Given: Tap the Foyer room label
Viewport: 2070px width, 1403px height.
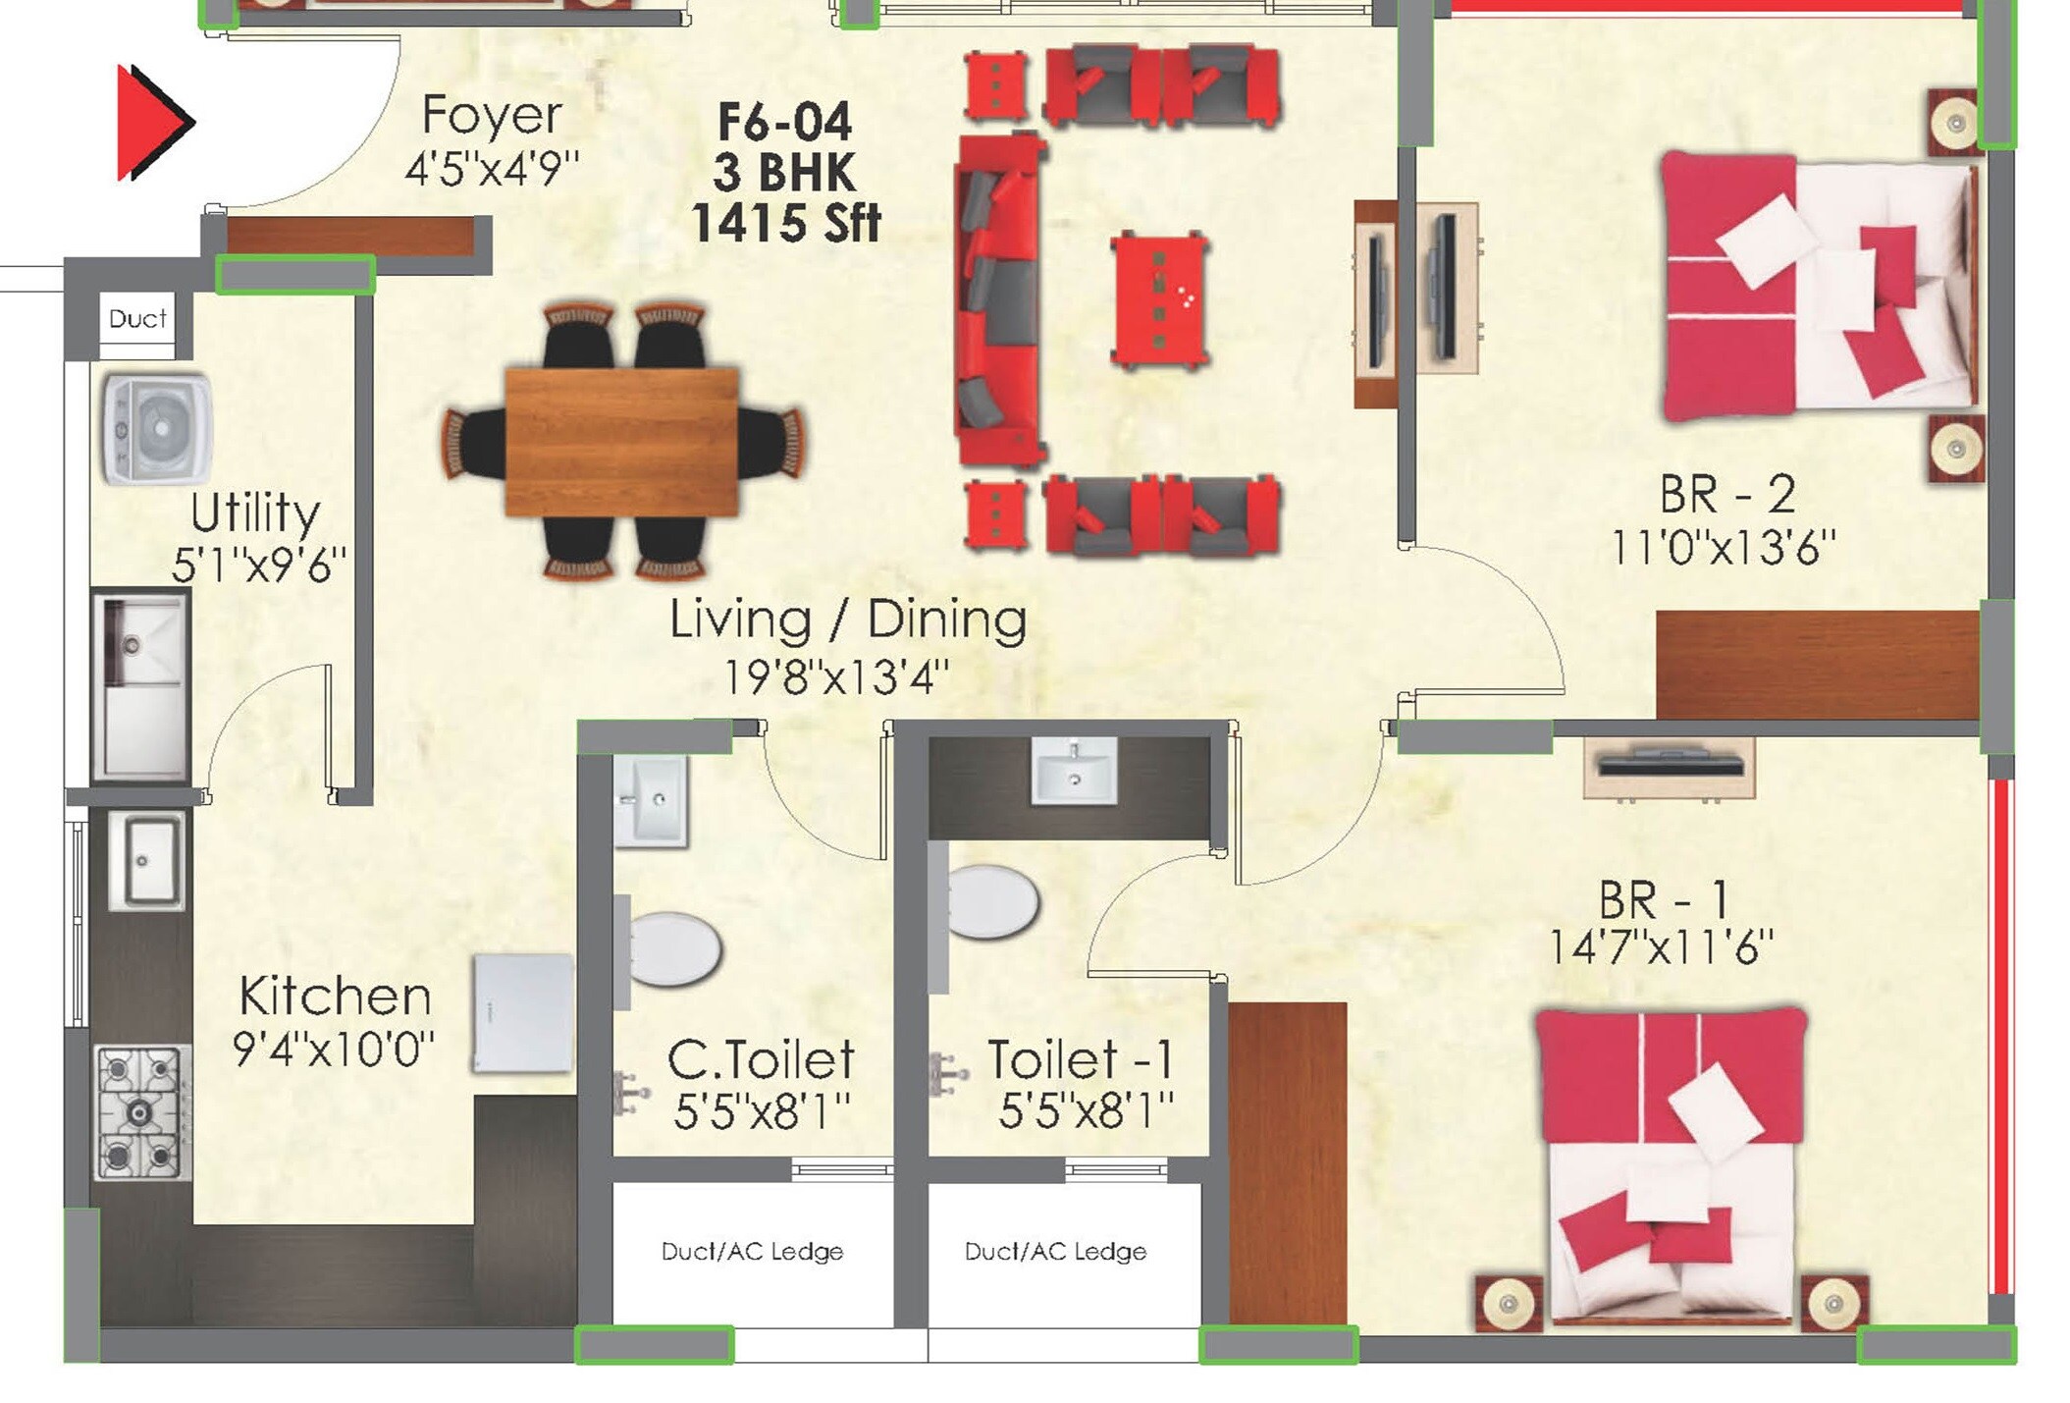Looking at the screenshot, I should (492, 115).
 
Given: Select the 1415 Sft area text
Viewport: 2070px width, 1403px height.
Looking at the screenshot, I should (785, 223).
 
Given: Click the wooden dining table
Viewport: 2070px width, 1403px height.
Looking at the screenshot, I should (621, 441).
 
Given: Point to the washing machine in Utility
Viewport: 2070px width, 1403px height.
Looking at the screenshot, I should (157, 429).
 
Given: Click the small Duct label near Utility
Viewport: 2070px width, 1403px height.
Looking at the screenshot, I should (137, 319).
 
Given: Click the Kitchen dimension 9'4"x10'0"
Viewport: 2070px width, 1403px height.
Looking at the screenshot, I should (333, 1049).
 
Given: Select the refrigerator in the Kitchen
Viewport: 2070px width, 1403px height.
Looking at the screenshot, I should (522, 1013).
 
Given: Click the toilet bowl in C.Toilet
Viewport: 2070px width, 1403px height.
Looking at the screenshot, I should (673, 948).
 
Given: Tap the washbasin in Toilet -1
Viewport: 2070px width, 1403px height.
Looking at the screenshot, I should (1074, 771).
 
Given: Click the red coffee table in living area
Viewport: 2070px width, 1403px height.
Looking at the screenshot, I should (1159, 300).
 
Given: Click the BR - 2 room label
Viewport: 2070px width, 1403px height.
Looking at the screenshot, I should (1727, 494).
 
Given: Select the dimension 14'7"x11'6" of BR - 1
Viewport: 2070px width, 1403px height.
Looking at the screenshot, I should (1661, 947).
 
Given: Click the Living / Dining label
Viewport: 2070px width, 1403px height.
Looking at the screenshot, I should (848, 620).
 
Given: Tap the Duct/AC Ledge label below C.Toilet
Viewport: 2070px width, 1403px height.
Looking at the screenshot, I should (752, 1252).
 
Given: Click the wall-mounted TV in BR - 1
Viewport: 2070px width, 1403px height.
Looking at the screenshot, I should (1670, 766).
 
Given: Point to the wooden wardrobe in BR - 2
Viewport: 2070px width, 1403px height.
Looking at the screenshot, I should (1817, 665).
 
